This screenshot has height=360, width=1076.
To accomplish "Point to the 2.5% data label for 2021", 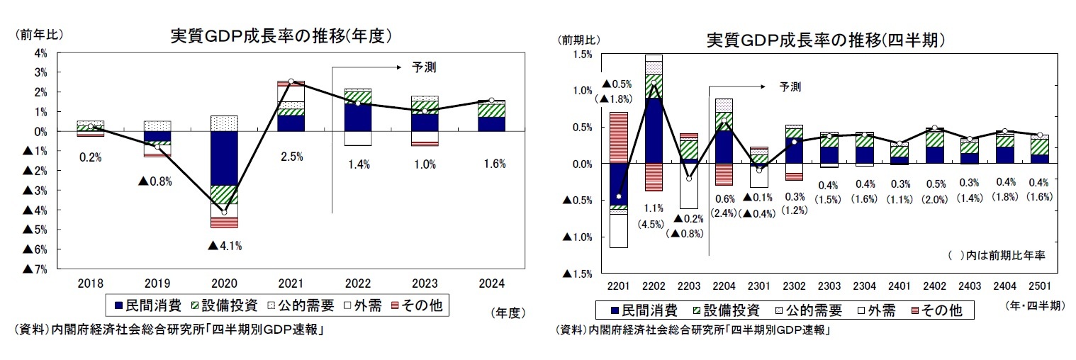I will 291,157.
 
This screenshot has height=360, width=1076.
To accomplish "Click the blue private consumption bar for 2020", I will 224,158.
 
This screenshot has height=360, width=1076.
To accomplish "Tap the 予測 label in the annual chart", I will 424,68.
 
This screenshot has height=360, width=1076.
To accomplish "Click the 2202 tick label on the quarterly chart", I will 653,286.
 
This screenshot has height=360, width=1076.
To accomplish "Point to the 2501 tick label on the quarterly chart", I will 1039,286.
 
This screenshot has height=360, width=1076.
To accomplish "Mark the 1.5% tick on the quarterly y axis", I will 583,54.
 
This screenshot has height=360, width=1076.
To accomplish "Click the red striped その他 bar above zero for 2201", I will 618,137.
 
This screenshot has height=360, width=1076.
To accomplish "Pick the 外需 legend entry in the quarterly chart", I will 875,310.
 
